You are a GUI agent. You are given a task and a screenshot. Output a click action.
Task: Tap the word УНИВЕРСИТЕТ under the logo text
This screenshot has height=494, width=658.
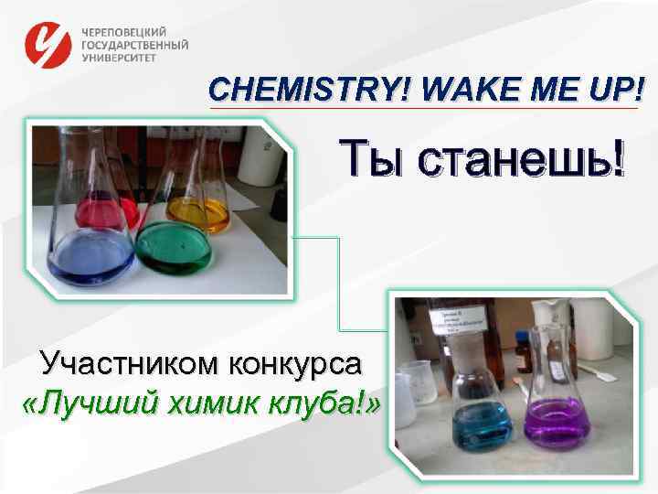(119, 57)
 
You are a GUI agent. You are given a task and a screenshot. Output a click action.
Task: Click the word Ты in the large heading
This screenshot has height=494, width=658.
(374, 159)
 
